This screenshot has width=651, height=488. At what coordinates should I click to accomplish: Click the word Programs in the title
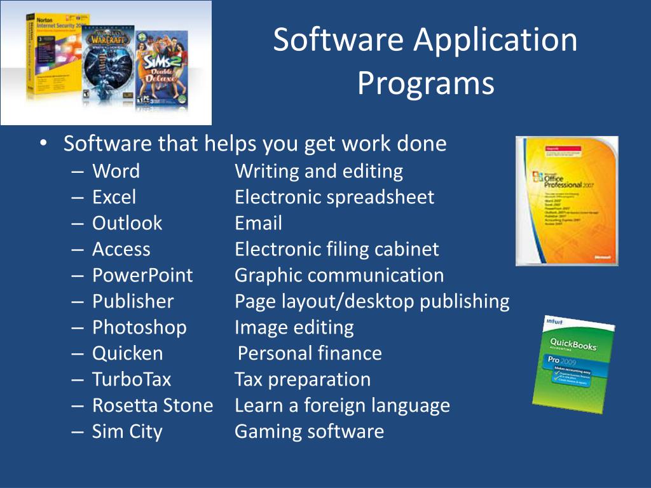point(425,84)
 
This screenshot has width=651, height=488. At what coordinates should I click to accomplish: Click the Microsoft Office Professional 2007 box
point(566,201)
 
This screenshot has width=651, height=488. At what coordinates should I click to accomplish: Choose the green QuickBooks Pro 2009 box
point(573,364)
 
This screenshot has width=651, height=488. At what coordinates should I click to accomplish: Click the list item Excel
point(114,197)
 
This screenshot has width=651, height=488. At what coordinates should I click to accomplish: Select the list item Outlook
point(127,223)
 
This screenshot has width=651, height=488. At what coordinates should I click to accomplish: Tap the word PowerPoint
point(142,275)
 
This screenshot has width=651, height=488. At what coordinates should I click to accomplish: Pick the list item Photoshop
point(139,327)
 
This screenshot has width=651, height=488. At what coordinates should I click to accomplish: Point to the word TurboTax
point(132,379)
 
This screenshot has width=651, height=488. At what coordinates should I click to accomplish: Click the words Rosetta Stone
point(153,405)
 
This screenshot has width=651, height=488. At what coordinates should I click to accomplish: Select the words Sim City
point(127,431)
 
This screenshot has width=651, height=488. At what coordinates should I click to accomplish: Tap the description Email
point(258,223)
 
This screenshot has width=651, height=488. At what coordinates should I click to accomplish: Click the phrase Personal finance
point(310,353)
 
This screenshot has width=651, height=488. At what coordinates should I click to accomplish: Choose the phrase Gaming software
point(309,431)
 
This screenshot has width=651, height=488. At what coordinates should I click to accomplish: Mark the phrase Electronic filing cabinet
point(336,249)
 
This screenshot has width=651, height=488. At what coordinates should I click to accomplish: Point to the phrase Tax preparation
point(303,379)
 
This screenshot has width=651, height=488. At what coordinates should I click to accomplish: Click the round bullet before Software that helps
point(43,144)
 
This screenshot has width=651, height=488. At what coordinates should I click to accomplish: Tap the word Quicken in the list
point(127,353)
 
